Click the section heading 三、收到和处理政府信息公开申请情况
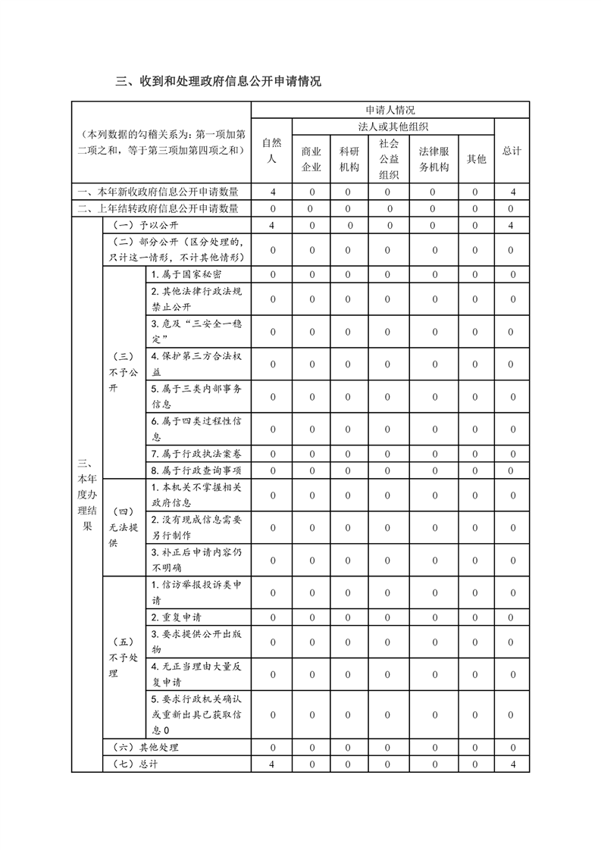coord(218,81)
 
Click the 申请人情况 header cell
coord(390,110)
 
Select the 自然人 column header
coord(271,150)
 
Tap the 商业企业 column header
coord(311,158)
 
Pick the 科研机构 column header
coord(349,158)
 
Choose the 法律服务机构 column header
coord(434,158)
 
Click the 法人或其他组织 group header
coord(393,127)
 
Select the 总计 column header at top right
coord(512,151)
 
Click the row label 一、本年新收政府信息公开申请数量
coord(162,192)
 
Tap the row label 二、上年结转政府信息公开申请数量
coord(162,208)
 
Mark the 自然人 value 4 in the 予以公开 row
coord(271,225)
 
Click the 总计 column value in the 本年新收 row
coord(512,192)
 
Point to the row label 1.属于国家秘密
coord(186,274)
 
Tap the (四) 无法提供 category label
coord(124,527)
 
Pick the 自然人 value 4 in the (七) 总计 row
coord(271,764)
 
